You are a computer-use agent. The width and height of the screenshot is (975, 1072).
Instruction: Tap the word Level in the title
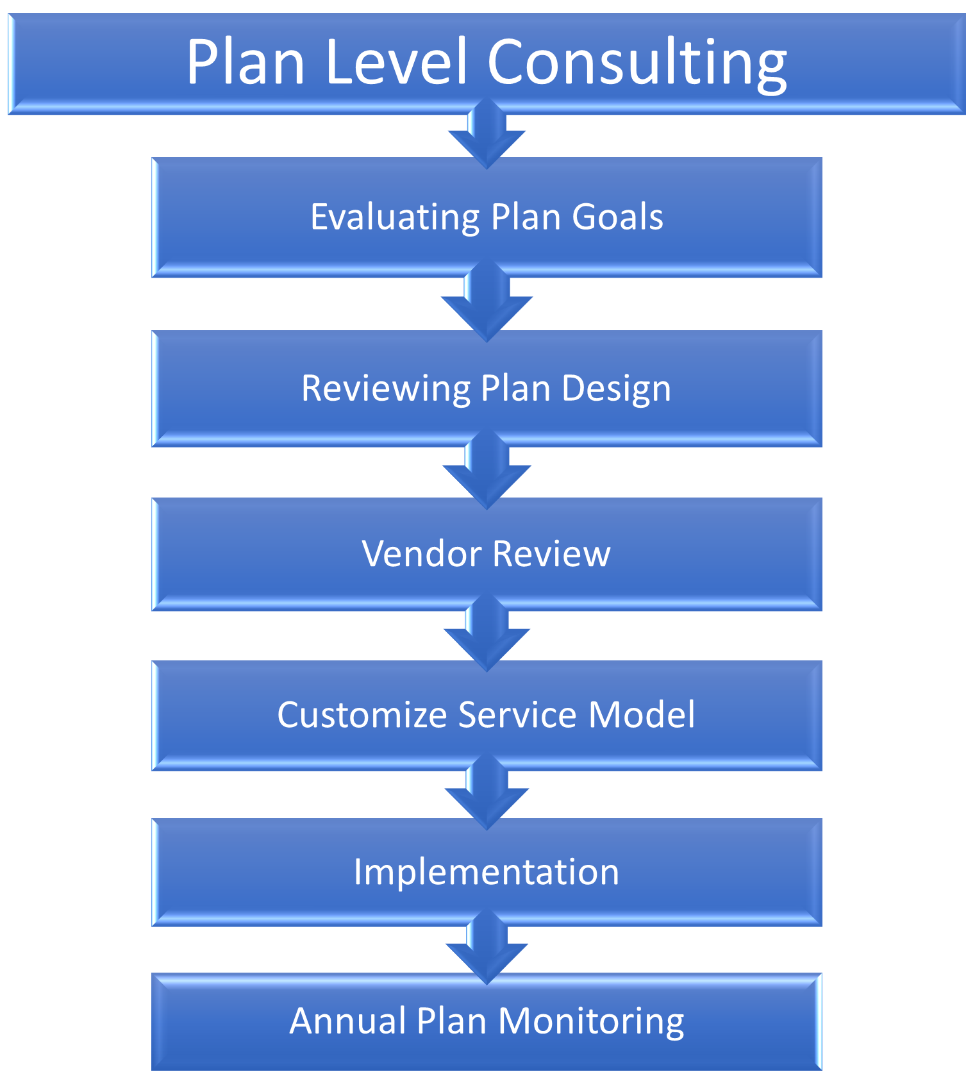(396, 62)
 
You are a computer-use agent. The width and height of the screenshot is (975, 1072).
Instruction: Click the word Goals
(618, 217)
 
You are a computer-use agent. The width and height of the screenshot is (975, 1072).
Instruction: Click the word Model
(642, 715)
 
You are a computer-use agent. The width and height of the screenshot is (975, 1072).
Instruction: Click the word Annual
(347, 1021)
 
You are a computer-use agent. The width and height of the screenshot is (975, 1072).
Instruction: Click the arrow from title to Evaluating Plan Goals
(487, 133)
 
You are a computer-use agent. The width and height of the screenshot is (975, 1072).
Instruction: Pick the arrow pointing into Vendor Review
(487, 470)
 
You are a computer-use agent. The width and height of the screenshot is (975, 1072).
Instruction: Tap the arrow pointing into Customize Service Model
(487, 633)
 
